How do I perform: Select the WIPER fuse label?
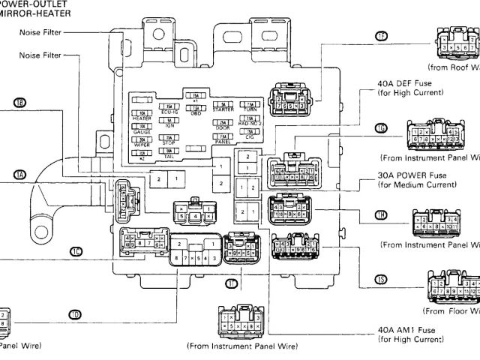pos(141,145)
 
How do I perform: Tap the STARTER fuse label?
pos(223,109)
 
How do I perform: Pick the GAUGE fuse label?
pos(141,130)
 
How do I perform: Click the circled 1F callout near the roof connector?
pos(382,36)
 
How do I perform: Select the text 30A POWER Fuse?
pos(412,175)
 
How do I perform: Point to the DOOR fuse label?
pos(223,127)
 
